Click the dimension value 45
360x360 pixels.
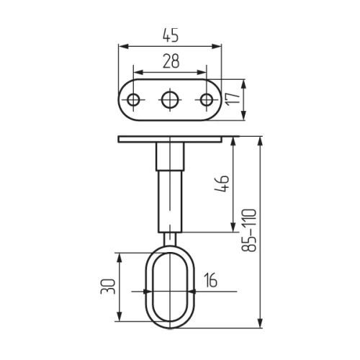coord(171,35)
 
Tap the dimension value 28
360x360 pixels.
coord(171,61)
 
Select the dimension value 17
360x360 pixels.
coord(233,98)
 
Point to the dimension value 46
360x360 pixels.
coord(222,184)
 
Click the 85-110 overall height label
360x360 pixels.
coord(249,230)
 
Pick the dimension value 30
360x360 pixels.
coord(108,287)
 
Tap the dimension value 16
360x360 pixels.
coord(210,280)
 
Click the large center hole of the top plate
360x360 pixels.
coord(170,99)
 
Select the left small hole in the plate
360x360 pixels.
coord(133,100)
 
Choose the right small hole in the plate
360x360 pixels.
coord(207,100)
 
